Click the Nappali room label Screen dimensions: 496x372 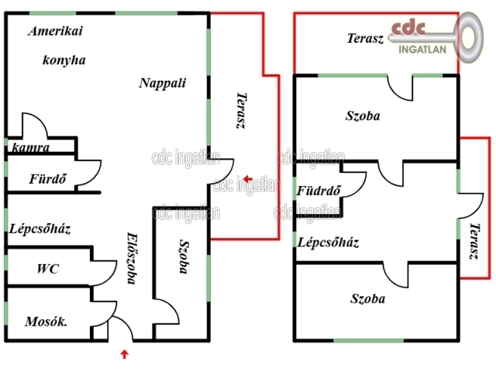[x=162, y=83]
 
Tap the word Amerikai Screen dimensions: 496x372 [x=55, y=31]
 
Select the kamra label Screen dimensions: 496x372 [x=31, y=147]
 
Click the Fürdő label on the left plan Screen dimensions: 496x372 [x=48, y=179]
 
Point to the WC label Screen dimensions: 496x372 [x=48, y=269]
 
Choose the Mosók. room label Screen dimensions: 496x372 [x=46, y=322]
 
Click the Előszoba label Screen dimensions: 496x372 [x=133, y=258]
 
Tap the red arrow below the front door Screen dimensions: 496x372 [x=125, y=354]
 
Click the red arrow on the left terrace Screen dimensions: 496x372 [x=248, y=179]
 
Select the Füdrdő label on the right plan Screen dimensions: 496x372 [x=319, y=191]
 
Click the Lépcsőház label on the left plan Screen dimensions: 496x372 [x=40, y=229]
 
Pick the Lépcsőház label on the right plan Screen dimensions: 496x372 [x=328, y=243]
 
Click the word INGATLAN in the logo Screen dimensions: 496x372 [x=422, y=50]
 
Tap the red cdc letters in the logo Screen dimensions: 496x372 [x=408, y=28]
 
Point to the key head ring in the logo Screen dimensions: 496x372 [x=470, y=37]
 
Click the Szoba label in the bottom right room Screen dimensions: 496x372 [x=367, y=298]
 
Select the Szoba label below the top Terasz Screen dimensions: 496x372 [x=363, y=115]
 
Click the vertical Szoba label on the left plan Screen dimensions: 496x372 [x=184, y=257]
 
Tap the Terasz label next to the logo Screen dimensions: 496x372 [x=365, y=38]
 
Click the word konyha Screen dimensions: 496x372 [x=64, y=60]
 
